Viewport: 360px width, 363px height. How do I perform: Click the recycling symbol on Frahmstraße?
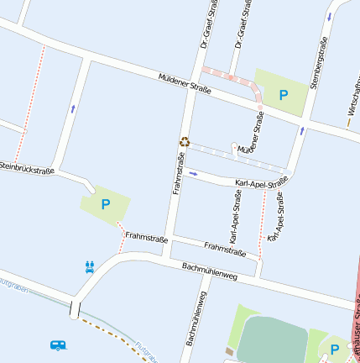point(185,143)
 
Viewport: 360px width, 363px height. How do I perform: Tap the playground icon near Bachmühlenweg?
point(90,267)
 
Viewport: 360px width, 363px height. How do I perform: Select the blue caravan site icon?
point(58,345)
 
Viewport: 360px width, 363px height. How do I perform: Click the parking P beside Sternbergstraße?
point(284,96)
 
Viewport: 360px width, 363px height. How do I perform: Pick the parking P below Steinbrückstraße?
point(106,203)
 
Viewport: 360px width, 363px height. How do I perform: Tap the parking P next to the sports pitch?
point(335,349)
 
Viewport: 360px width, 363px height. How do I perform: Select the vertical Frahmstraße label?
point(178,168)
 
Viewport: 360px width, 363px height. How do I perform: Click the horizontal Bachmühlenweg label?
point(210,271)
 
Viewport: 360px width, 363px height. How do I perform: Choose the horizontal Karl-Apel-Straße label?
point(262,181)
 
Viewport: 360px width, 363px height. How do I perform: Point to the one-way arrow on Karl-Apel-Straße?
point(194,174)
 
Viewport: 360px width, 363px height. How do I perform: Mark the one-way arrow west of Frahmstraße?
point(73,108)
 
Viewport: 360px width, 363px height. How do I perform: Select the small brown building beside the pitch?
point(229,350)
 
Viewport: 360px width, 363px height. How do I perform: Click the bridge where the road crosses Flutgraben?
point(76,308)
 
